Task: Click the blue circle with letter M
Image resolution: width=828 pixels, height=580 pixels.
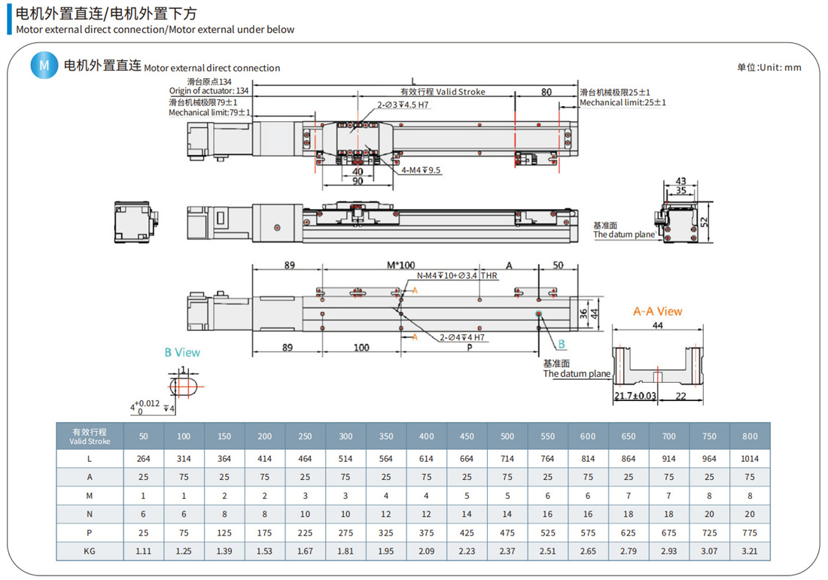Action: point(44,65)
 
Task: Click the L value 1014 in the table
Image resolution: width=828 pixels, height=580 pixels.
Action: point(750,458)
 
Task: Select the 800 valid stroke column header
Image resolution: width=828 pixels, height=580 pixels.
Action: point(750,436)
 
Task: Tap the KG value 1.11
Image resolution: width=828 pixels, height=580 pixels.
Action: point(143,551)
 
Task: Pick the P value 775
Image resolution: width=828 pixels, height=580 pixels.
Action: point(750,533)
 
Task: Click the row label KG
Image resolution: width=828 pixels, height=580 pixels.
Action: point(90,551)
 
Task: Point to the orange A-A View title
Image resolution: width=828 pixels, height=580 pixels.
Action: point(657,311)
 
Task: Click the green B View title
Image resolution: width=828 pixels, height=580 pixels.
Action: point(182,352)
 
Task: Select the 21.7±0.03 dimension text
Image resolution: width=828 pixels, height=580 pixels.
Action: point(635,396)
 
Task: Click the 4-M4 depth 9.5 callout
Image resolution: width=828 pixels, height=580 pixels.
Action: point(421,171)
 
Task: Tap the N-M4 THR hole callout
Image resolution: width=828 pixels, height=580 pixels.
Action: point(457,276)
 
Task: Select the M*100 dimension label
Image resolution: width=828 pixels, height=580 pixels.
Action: point(401,266)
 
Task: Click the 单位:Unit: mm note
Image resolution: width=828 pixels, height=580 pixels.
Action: point(769,67)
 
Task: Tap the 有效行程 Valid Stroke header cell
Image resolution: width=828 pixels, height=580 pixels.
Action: point(90,436)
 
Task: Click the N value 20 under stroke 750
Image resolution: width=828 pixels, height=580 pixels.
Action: point(709,514)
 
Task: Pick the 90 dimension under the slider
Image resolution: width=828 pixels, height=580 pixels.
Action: point(358,181)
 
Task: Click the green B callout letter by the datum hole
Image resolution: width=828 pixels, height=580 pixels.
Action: point(562,345)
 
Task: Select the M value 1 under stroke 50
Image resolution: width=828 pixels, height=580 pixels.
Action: point(143,496)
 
